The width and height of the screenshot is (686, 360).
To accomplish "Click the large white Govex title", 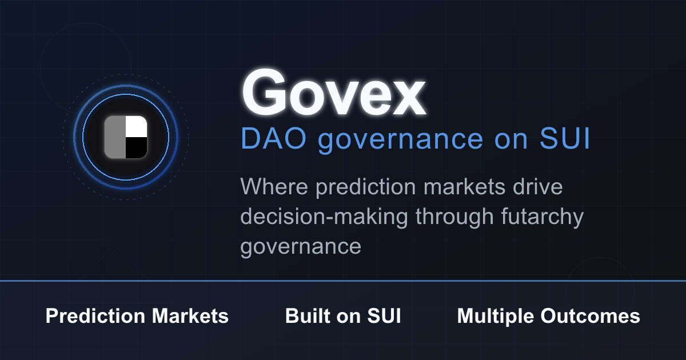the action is click(x=334, y=92).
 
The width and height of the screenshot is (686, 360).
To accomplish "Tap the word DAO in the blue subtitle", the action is click(x=273, y=138).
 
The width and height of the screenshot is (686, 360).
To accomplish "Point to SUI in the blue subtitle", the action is click(x=564, y=138).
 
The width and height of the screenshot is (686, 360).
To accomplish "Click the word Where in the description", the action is click(x=274, y=186).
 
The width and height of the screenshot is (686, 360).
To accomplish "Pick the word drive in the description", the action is click(x=538, y=186).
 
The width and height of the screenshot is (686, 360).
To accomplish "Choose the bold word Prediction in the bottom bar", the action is click(x=95, y=315).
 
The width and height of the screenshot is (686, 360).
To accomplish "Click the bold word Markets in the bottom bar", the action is click(x=190, y=315).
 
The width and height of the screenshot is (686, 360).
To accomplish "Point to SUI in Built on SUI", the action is click(x=384, y=315).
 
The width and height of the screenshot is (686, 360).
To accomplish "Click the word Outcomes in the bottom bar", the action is click(x=590, y=315).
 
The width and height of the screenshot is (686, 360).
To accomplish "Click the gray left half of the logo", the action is click(x=115, y=137).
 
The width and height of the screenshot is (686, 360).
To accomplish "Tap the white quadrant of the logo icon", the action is click(x=136, y=126).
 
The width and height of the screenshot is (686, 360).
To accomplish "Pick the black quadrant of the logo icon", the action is click(x=136, y=148).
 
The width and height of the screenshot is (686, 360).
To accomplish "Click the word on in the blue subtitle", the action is click(x=511, y=141).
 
